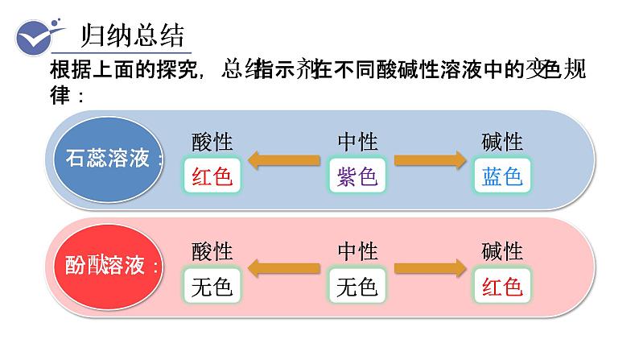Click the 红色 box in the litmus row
coord(212,176)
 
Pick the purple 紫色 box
coord(357,176)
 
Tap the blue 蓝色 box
coord(502,176)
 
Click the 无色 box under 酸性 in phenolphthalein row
coord(212,286)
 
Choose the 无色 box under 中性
coord(357,286)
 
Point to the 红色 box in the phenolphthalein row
coord(502,286)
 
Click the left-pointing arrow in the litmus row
coord(284,160)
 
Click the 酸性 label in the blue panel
coord(212,143)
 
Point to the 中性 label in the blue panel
coord(357,143)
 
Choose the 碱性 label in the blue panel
coord(502,143)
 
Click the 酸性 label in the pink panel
coord(212,251)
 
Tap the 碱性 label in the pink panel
coord(502,251)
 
